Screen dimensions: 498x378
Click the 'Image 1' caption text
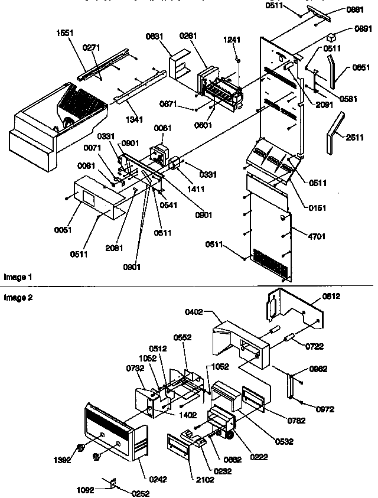(x=17, y=276)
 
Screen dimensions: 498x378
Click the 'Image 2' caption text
(x=17, y=298)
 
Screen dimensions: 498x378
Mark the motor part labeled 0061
(x=158, y=151)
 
